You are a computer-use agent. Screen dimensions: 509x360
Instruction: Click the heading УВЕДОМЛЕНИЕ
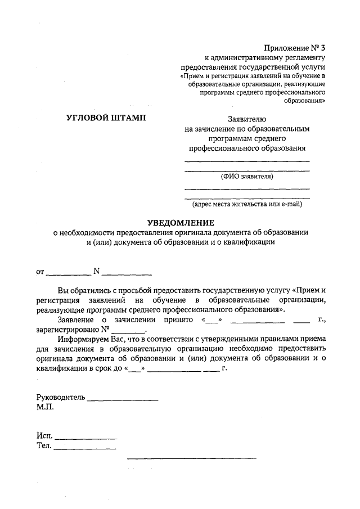point(178,222)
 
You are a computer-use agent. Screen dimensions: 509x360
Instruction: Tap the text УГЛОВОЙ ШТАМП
point(105,117)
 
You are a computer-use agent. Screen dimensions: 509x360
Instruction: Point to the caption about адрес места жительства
point(247,204)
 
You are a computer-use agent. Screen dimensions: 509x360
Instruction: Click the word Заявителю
point(247,119)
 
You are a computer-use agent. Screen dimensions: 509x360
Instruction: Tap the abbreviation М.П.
point(44,407)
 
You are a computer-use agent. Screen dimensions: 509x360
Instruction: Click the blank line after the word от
point(67,274)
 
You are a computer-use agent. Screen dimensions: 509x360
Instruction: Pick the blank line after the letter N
point(127,274)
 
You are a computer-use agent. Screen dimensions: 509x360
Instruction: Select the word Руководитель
point(60,397)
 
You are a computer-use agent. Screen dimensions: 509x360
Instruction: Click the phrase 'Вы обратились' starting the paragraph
point(84,291)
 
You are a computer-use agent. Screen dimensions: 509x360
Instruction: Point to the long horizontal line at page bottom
point(191,458)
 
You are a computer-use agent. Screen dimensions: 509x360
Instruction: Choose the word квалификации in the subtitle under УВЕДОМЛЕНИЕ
point(247,242)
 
